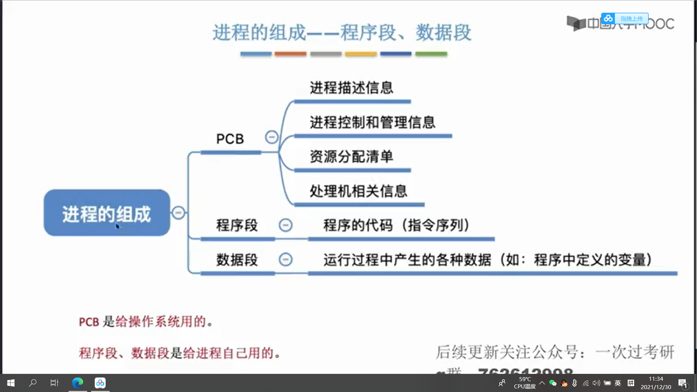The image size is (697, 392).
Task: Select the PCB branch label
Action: coord(230,139)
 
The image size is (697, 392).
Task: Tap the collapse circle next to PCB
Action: coord(272,137)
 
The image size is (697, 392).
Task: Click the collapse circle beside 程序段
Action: coord(285,225)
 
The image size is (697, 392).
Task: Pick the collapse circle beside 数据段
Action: coord(285,260)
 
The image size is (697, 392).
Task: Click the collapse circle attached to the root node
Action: coord(178,213)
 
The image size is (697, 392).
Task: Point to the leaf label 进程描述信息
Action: coord(351,88)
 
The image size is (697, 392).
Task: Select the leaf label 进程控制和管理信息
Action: coord(372,122)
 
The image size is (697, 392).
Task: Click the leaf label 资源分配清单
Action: coord(351,157)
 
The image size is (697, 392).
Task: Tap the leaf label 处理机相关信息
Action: coord(358,191)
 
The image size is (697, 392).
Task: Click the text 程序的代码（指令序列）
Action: coord(396,225)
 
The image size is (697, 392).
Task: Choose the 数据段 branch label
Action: coord(237,260)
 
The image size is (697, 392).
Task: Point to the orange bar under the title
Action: coord(290,54)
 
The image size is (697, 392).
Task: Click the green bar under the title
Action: coord(431,54)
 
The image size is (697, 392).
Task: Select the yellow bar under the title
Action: coord(361,54)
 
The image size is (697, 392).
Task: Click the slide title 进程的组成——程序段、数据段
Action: coord(342,33)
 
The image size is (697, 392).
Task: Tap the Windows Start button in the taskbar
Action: coord(11,383)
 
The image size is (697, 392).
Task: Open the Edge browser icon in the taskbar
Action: coord(78,383)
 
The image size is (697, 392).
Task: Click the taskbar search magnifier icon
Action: coord(33,383)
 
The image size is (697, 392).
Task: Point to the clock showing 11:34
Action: coord(656,379)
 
